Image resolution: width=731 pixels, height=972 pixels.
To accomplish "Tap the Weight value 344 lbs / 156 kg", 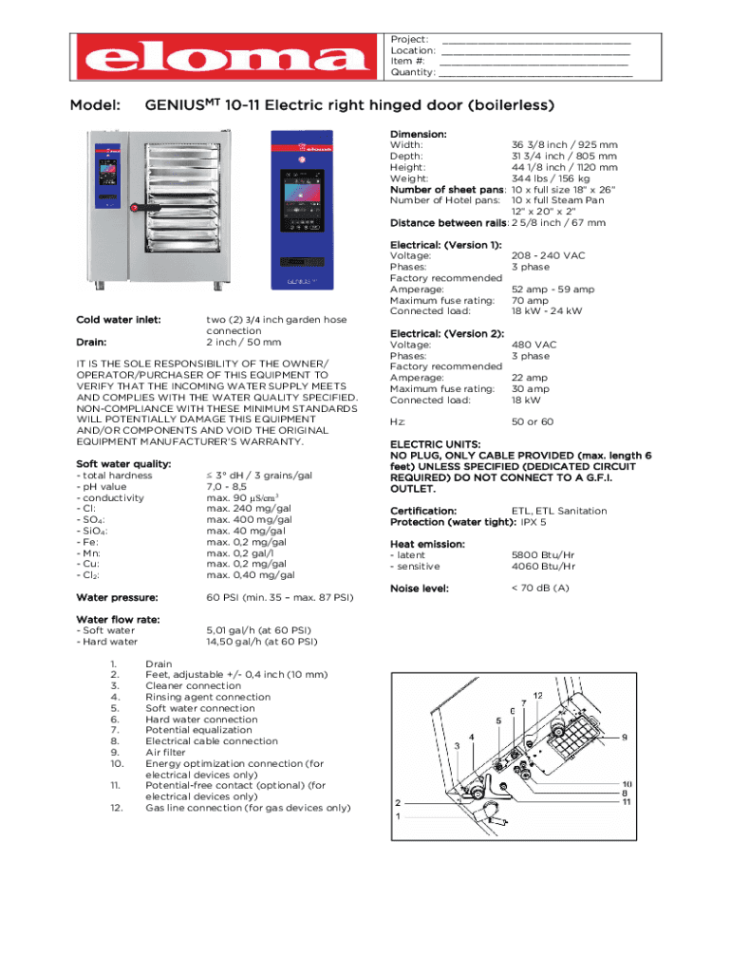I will [551, 178].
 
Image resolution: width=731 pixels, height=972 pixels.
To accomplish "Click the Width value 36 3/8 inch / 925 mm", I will [564, 145].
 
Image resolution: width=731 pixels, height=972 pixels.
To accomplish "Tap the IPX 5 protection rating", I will [533, 522].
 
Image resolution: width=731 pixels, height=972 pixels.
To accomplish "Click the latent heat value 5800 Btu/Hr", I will [544, 555].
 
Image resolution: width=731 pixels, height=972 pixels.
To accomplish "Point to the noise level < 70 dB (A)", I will [540, 589].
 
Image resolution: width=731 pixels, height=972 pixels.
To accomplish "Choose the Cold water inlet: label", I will [119, 320].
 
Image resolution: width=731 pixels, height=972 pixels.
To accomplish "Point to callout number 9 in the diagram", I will [625, 737].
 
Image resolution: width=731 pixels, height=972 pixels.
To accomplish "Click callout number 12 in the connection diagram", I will [537, 695].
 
